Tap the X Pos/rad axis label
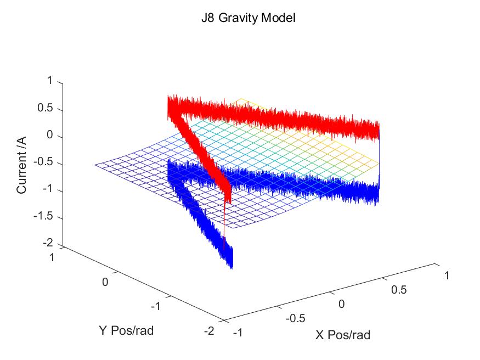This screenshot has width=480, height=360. [x=343, y=335]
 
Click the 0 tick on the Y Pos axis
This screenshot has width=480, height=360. [x=106, y=282]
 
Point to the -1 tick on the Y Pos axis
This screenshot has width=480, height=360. [x=156, y=306]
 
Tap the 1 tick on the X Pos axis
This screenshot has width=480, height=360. [x=447, y=275]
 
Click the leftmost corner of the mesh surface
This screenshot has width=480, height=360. [x=95, y=165]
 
